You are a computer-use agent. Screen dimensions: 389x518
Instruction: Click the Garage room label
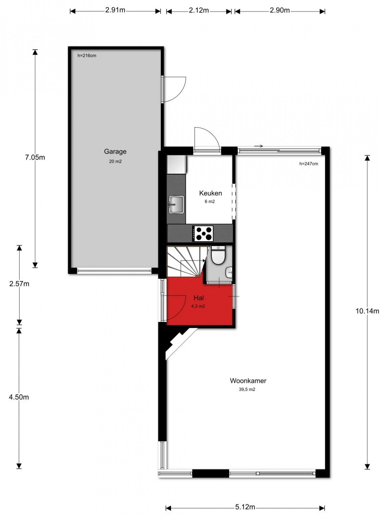[115, 151]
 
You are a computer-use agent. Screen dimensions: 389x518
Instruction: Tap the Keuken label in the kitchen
[210, 193]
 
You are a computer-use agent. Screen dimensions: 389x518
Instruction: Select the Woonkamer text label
[248, 380]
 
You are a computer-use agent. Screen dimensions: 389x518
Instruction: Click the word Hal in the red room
[198, 298]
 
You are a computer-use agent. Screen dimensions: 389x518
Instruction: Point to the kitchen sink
[176, 204]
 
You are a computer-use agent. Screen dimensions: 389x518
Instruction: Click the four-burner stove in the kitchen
[203, 233]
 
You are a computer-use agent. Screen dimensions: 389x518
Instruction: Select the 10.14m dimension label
[367, 311]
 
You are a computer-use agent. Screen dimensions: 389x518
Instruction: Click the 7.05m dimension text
[35, 157]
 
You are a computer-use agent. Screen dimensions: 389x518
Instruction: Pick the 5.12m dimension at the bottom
[245, 507]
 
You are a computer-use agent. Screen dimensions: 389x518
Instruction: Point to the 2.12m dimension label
[199, 10]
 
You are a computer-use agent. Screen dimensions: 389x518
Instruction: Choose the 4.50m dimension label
[19, 397]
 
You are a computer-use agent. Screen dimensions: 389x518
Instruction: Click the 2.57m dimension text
[19, 284]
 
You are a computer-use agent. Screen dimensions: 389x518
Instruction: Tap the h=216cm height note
[87, 56]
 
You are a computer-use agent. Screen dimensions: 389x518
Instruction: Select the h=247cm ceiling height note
[309, 164]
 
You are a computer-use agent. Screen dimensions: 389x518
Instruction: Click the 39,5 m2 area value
[247, 389]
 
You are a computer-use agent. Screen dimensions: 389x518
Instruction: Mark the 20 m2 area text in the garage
[115, 162]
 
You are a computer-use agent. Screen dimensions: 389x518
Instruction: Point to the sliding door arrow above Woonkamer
[258, 146]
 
